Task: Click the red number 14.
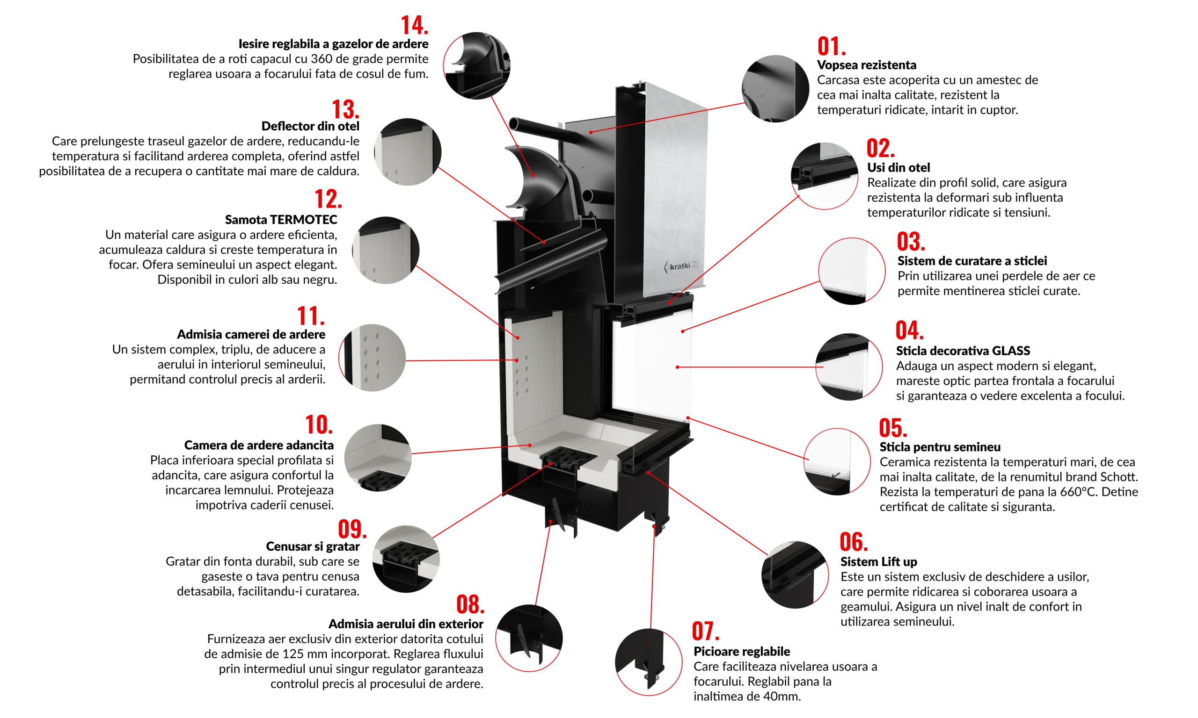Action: pos(415,25)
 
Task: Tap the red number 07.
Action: pos(706,631)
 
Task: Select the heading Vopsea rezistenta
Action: pos(866,65)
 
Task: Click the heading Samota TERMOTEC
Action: pos(281,220)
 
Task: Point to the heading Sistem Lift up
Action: pos(878,562)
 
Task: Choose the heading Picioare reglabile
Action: pos(741,652)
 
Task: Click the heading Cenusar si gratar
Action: pos(313,546)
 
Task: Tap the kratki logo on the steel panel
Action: pos(682,266)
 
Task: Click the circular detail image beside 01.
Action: pos(775,88)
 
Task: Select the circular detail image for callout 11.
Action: pos(372,358)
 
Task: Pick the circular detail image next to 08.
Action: pos(529,638)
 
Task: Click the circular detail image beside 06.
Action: pos(795,574)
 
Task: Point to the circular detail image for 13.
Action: pos(407,151)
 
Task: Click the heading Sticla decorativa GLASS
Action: pos(963,351)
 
